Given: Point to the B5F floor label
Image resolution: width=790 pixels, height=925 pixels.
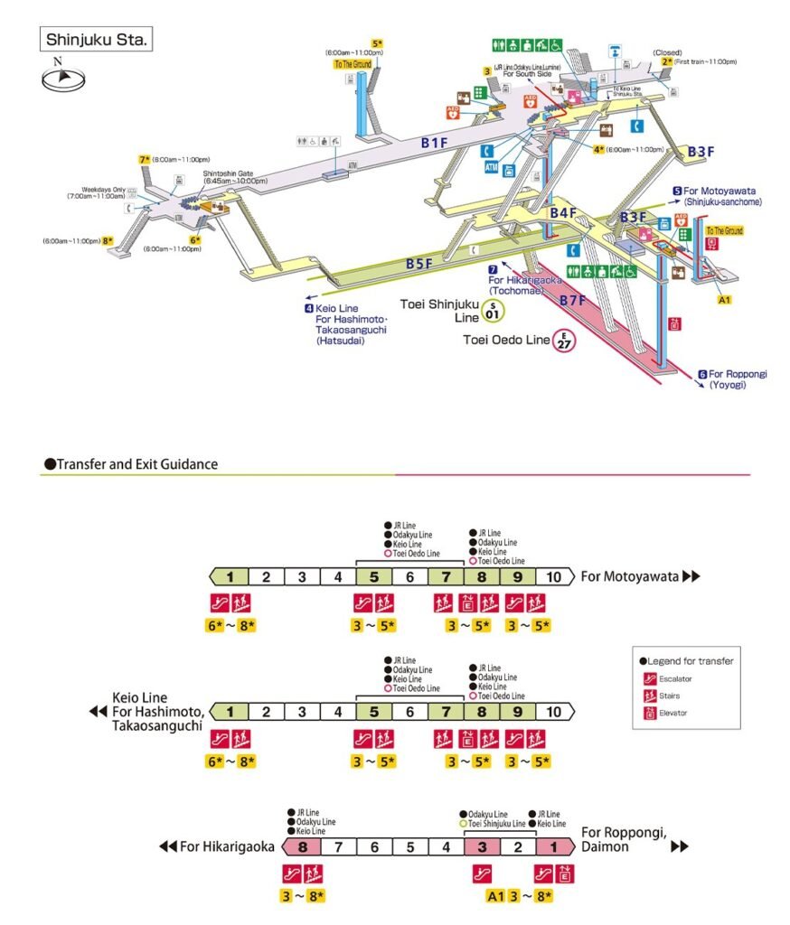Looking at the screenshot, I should pyautogui.click(x=419, y=264).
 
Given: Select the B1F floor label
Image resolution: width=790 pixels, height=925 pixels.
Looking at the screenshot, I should pyautogui.click(x=434, y=142).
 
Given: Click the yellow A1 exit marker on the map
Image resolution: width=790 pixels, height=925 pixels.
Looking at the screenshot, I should pyautogui.click(x=723, y=299).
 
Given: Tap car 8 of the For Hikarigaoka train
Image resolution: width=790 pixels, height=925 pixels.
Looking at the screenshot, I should pyautogui.click(x=303, y=847).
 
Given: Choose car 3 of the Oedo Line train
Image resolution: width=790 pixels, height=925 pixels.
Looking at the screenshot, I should pyautogui.click(x=482, y=847).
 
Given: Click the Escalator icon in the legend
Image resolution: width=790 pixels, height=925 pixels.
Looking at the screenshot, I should pyautogui.click(x=650, y=678).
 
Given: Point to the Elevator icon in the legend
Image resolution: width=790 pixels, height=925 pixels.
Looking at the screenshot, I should pyautogui.click(x=650, y=713).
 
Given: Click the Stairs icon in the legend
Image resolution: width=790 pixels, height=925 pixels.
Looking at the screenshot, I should pyautogui.click(x=650, y=696).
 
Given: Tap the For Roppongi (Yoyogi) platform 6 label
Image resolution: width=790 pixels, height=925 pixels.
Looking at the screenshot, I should pyautogui.click(x=732, y=378).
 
